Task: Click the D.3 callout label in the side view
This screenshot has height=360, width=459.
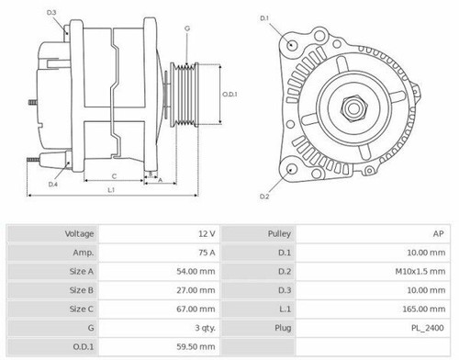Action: coord(51,12)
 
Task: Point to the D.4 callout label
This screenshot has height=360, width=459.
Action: coord(53,185)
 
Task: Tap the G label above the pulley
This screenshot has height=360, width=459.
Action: coord(187,29)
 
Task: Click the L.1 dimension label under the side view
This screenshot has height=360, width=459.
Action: coord(110,190)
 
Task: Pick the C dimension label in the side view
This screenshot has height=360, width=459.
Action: coord(113,174)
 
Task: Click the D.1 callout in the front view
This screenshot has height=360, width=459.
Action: coord(264,18)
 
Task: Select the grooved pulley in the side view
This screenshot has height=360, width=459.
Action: coord(187,94)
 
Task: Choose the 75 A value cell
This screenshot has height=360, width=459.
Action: coord(207,253)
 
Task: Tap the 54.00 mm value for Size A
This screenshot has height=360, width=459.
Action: coord(199,273)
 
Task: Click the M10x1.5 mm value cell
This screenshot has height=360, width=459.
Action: coord(422,273)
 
